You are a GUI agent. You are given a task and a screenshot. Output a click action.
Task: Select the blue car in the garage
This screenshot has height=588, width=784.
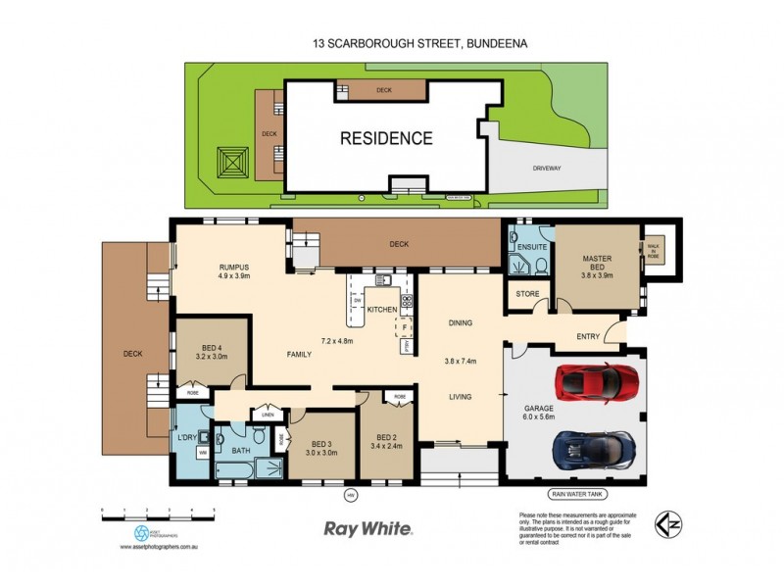592,448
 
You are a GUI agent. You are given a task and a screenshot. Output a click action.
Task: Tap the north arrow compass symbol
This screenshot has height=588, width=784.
668,527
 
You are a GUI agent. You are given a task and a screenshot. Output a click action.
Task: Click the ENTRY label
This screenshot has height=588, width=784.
588,337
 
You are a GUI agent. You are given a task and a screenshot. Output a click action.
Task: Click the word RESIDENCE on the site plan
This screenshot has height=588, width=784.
386,138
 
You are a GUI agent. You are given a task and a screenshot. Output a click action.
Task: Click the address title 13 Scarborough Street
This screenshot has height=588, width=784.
392,43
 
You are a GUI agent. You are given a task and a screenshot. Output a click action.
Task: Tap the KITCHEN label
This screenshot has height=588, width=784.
382,310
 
